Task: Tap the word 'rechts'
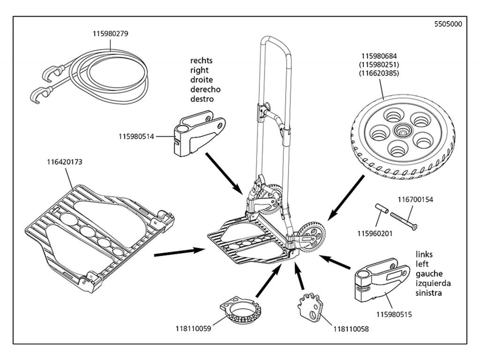[201, 61]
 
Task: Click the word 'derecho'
[205, 90]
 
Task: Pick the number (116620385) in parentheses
[379, 74]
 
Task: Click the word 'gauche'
[429, 274]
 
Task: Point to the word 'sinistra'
[430, 293]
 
